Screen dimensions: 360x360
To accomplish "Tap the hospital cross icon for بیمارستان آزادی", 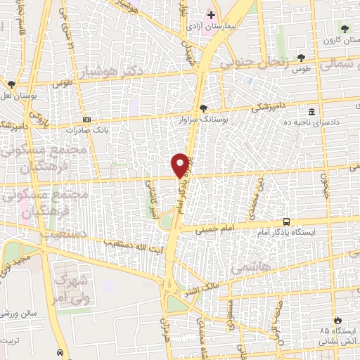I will (210, 14).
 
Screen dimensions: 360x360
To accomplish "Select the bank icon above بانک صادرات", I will (86, 120).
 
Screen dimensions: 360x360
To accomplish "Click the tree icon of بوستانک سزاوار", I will (204, 108).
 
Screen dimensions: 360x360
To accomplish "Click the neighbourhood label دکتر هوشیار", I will (141, 72).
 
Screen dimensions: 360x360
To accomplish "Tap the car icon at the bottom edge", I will (60, 352).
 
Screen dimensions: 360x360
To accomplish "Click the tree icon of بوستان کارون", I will (345, 29).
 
